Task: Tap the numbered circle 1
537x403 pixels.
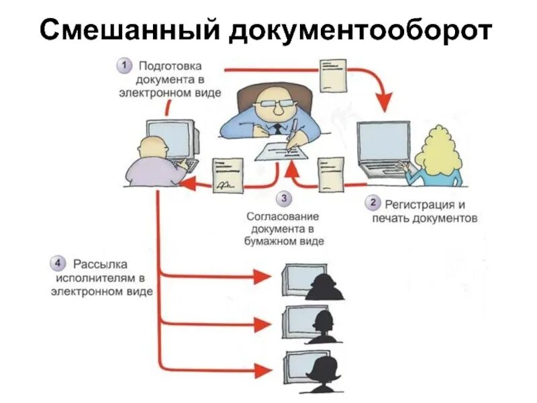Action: point(124,66)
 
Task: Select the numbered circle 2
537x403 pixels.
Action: point(373,203)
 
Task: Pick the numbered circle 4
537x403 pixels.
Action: point(59,262)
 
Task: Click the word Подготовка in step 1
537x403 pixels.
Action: point(170,66)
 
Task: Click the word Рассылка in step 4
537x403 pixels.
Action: point(101,263)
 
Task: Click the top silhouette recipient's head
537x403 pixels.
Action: point(328,281)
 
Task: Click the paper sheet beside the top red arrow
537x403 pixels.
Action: point(333,75)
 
